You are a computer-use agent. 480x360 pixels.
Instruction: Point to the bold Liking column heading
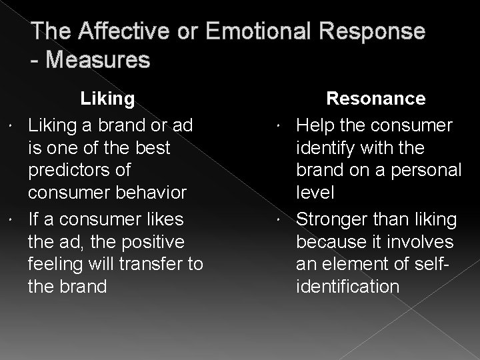tap(107, 99)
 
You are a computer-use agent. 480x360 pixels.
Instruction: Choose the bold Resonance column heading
tap(375, 99)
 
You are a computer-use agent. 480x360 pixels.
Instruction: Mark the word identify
tap(326, 148)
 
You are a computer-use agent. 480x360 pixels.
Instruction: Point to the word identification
tap(348, 287)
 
